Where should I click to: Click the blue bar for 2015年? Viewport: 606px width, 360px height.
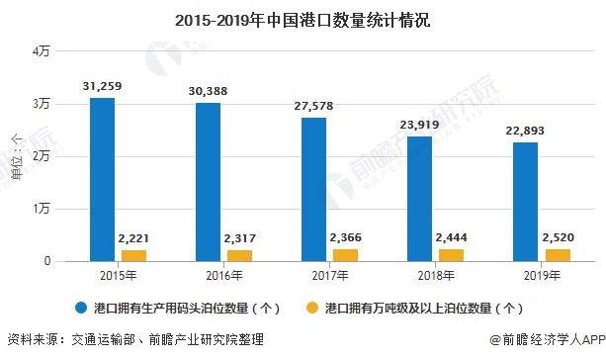[102, 179]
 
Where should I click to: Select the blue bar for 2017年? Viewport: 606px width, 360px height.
[313, 189]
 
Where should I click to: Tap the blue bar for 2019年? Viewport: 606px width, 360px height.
[526, 202]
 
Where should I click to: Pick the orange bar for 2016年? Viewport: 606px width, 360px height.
[238, 255]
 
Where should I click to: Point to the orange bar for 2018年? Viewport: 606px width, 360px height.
[451, 255]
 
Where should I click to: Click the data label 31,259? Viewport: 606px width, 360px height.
[103, 87]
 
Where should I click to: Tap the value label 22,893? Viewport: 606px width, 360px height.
[526, 131]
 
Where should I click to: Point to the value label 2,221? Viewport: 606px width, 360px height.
[133, 238]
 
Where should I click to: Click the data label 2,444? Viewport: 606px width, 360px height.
[451, 237]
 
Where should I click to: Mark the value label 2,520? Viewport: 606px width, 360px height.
[557, 237]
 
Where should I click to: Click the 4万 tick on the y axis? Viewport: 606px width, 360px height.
[40, 51]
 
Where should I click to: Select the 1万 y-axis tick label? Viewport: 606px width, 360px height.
[40, 209]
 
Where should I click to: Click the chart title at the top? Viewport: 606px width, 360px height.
[303, 19]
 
